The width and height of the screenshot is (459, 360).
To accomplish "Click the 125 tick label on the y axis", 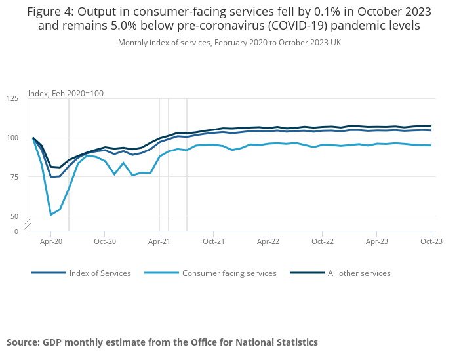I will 13,98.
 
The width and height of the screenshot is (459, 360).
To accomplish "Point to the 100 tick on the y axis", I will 13,138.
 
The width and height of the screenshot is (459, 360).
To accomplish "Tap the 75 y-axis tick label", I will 15,177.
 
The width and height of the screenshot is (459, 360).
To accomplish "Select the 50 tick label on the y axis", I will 15,216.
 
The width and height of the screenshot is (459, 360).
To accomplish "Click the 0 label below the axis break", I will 16,231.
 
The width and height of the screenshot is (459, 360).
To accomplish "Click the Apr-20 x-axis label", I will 51,241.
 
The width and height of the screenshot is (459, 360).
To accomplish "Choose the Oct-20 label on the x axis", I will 105,241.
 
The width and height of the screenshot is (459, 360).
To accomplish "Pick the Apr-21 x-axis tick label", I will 159,241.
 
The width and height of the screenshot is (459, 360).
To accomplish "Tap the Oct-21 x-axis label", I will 214,241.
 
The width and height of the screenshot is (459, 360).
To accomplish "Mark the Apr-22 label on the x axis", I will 268,241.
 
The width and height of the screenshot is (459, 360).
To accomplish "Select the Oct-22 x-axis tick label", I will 322,241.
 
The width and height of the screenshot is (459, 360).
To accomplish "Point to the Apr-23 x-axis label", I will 376,241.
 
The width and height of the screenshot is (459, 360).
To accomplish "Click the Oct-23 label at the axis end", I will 431,241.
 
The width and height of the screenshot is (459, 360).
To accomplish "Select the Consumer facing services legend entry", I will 229,273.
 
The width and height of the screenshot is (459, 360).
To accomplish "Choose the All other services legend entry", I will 359,273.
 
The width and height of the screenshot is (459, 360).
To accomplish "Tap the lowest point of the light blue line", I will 51,215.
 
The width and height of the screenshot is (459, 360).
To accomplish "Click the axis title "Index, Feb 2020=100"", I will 66,94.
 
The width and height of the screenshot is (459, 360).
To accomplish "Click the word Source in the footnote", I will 22,342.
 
